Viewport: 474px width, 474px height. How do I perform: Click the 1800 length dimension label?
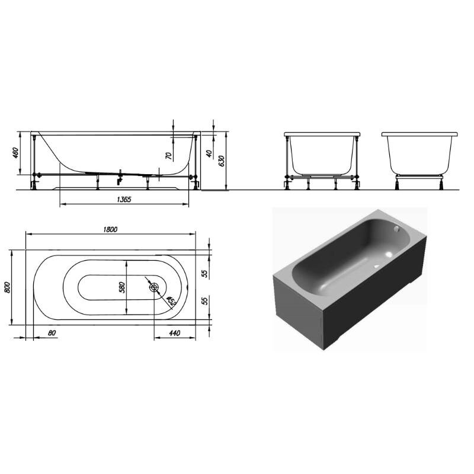point(110,229)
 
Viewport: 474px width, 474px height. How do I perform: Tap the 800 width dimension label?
point(7,287)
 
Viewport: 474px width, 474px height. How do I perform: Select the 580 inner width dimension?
point(121,287)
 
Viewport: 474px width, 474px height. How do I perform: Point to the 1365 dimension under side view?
point(124,199)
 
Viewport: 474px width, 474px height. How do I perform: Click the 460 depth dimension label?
point(16,153)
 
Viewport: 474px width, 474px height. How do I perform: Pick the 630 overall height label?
point(221,161)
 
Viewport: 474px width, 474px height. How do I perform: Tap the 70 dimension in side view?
point(169,156)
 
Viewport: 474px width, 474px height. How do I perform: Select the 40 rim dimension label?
point(209,153)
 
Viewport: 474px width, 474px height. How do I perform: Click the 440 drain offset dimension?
point(174,333)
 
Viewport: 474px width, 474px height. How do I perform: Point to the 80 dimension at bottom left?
point(52,333)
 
